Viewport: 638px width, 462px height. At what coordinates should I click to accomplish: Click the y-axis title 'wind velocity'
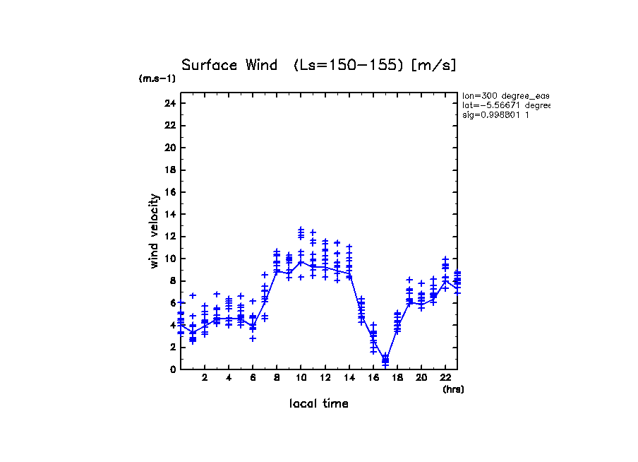(x=154, y=231)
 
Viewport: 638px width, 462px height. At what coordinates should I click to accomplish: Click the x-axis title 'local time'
(x=319, y=404)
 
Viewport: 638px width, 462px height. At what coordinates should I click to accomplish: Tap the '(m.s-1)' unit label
(x=157, y=79)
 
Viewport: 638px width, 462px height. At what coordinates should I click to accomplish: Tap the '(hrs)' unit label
(x=453, y=389)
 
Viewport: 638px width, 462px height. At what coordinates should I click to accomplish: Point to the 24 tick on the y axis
(x=169, y=103)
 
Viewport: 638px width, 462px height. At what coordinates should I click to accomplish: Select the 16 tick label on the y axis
(x=169, y=192)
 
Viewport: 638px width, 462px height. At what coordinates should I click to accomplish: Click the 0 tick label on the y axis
(x=172, y=369)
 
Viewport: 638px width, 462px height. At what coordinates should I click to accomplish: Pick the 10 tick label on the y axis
(x=169, y=259)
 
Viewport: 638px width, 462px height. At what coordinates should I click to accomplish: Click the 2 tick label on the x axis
(x=205, y=379)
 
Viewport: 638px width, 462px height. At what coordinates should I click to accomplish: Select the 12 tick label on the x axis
(x=325, y=379)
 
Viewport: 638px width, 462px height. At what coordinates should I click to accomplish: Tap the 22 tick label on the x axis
(x=445, y=379)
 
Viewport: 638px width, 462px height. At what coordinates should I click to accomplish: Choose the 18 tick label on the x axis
(x=397, y=379)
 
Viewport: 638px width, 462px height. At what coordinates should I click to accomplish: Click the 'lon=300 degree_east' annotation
(x=505, y=95)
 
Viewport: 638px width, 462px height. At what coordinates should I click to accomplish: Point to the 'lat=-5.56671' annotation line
(x=505, y=105)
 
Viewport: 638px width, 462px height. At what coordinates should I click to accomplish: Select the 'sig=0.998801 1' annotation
(x=496, y=114)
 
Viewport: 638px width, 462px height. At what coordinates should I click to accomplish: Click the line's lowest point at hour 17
(x=385, y=360)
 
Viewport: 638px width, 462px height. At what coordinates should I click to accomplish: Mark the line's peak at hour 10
(x=301, y=261)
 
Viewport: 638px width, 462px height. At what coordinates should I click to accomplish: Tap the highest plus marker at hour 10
(x=301, y=229)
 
